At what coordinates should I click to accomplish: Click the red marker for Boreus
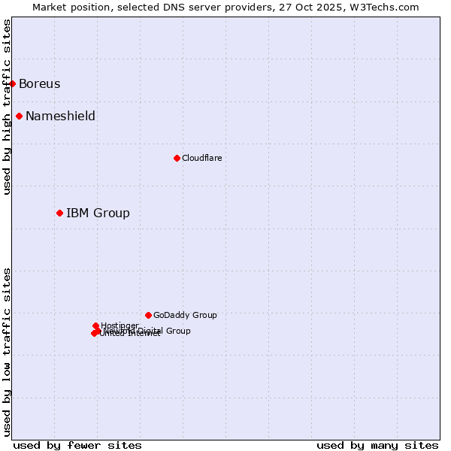[13, 83]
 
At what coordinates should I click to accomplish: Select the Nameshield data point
[19, 116]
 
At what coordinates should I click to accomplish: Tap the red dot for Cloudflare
[177, 158]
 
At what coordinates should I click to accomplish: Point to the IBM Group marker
[59, 213]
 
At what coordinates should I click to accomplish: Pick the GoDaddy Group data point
[148, 315]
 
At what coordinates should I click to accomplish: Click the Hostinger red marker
[95, 325]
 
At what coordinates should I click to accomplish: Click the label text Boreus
[39, 83]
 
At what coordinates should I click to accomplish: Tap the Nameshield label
[60, 116]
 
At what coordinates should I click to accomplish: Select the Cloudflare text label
[201, 158]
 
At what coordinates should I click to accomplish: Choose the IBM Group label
[98, 213]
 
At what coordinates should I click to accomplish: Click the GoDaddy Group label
[185, 315]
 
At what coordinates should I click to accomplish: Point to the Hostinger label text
[120, 325]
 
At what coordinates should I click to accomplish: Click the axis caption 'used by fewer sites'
[77, 445]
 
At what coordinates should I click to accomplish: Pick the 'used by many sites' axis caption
[377, 445]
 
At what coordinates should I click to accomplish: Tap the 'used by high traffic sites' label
[7, 107]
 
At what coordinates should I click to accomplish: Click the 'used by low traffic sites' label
[7, 351]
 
